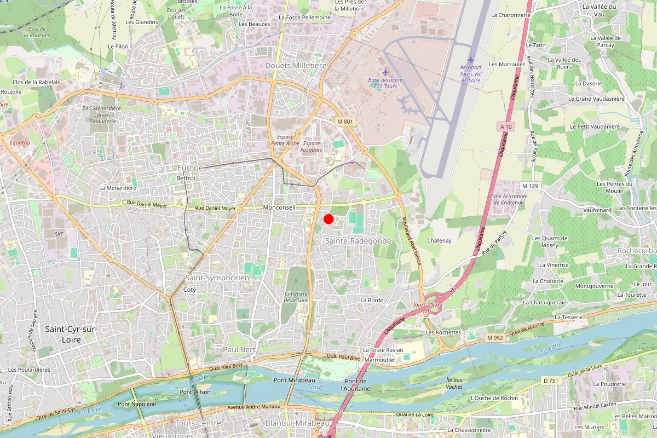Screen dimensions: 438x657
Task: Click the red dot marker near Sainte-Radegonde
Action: point(328,219)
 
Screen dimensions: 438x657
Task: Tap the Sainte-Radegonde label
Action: point(358,241)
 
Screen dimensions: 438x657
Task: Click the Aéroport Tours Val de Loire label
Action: point(471,73)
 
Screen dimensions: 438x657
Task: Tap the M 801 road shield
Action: point(345,121)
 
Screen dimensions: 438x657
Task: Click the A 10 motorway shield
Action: point(506,126)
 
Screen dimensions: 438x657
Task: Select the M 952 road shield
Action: point(494,338)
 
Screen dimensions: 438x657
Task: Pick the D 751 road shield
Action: point(550,380)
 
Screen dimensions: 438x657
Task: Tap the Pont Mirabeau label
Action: point(294,381)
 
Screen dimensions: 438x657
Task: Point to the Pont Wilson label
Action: point(195,392)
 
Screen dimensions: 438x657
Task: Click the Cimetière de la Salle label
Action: point(296,297)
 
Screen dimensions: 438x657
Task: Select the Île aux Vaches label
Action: point(454,383)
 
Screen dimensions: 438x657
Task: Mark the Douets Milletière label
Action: point(295,65)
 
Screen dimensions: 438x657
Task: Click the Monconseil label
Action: point(279,208)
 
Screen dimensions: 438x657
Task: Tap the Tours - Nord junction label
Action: point(428,304)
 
